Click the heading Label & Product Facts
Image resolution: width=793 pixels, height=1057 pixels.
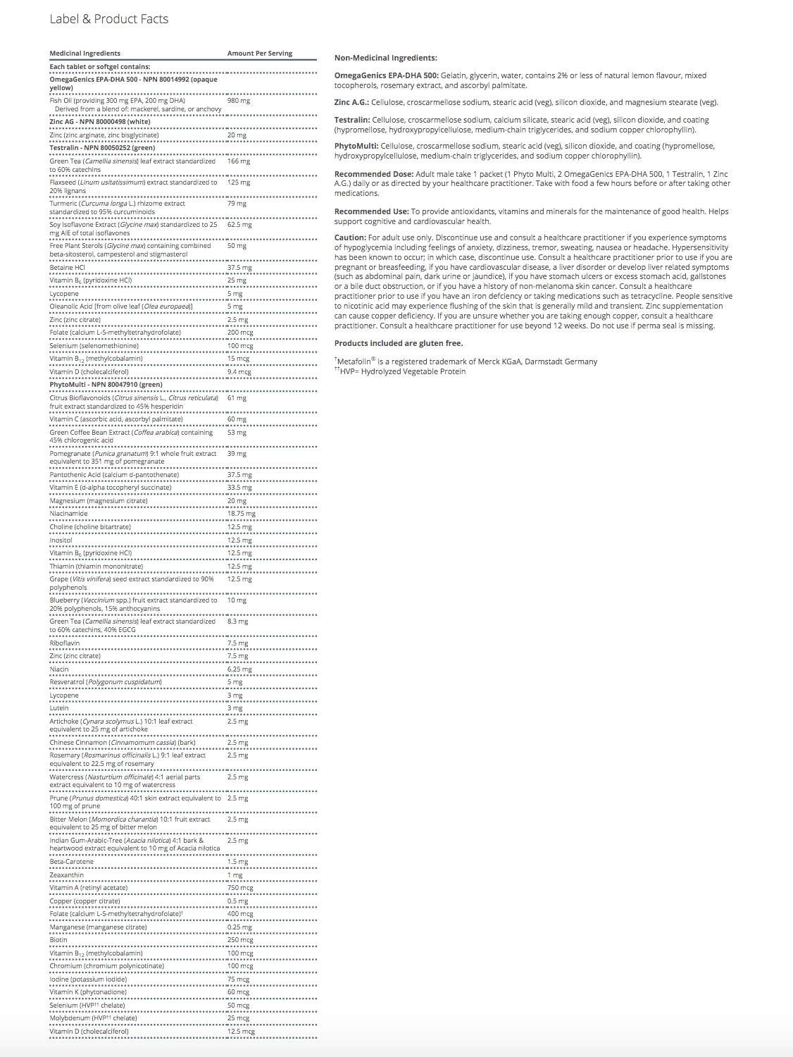pyautogui.click(x=108, y=19)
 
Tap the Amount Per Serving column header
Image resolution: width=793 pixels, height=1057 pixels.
pyautogui.click(x=259, y=54)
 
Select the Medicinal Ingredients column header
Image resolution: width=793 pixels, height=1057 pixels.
pyautogui.click(x=85, y=54)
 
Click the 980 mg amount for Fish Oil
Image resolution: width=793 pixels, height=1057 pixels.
pyautogui.click(x=238, y=101)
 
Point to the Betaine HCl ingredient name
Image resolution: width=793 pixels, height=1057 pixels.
pyautogui.click(x=67, y=268)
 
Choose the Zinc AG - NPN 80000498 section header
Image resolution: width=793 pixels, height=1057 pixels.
pyautogui.click(x=99, y=122)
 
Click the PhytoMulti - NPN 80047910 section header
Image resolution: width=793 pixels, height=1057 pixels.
pyautogui.click(x=106, y=385)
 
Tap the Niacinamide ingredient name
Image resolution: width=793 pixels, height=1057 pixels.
pyautogui.click(x=68, y=514)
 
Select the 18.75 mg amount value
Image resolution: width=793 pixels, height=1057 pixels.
pyautogui.click(x=241, y=514)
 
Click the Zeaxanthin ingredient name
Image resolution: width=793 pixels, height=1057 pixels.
pyautogui.click(x=66, y=875)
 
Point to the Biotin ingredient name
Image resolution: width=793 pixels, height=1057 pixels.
pyautogui.click(x=58, y=940)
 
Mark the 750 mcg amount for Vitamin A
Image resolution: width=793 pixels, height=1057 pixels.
pyautogui.click(x=239, y=888)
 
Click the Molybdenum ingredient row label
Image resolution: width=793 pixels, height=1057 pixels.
pyautogui.click(x=93, y=1018)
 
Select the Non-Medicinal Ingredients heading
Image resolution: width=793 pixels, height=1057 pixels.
pyautogui.click(x=385, y=58)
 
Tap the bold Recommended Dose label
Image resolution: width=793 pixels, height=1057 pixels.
pyautogui.click(x=373, y=174)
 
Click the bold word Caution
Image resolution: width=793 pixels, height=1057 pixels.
pyautogui.click(x=349, y=238)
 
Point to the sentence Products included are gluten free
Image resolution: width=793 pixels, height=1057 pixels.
pyautogui.click(x=398, y=344)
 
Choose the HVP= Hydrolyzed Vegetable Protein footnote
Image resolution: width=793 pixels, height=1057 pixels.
pyautogui.click(x=401, y=371)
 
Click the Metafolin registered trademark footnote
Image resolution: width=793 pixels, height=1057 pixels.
pyautogui.click(x=466, y=361)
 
